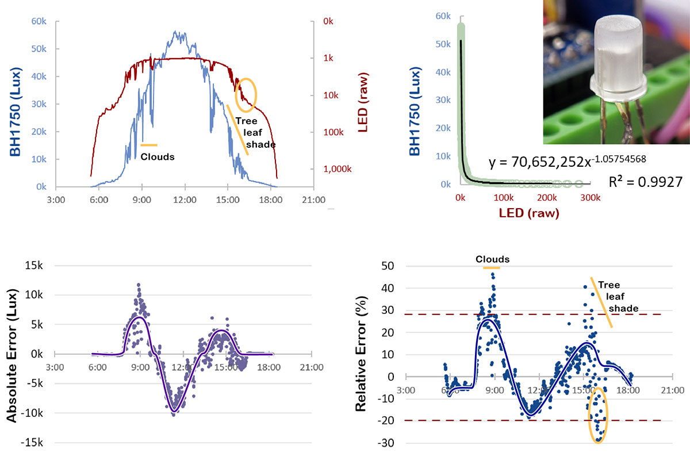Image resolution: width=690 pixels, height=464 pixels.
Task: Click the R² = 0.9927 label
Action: (645, 182)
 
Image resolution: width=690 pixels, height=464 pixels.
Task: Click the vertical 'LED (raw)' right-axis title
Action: (363, 103)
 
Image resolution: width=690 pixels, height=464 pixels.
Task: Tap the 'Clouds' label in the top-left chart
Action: (158, 156)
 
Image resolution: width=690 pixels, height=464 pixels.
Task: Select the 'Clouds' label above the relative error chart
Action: (492, 259)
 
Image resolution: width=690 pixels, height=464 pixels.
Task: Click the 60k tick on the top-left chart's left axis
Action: (39, 21)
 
